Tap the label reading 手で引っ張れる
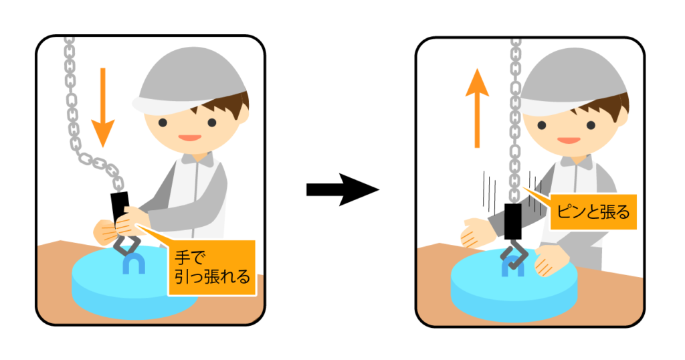click(211, 266)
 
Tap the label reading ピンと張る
click(591, 213)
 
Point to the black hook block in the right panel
click(513, 221)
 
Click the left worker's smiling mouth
click(189, 137)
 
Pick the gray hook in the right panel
click(515, 257)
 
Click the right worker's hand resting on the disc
click(551, 261)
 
